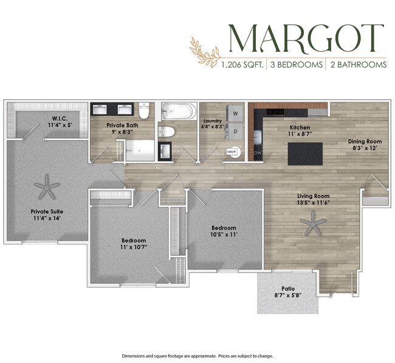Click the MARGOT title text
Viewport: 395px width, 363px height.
306,38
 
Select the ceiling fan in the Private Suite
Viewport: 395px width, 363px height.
45,187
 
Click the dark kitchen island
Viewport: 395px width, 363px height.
304,153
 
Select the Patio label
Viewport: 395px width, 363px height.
287,289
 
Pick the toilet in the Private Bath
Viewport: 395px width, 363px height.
144,111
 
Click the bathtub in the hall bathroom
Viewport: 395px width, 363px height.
179,111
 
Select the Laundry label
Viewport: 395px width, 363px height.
213,121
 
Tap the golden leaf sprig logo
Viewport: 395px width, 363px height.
204,50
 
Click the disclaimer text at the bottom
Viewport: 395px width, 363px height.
197,356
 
